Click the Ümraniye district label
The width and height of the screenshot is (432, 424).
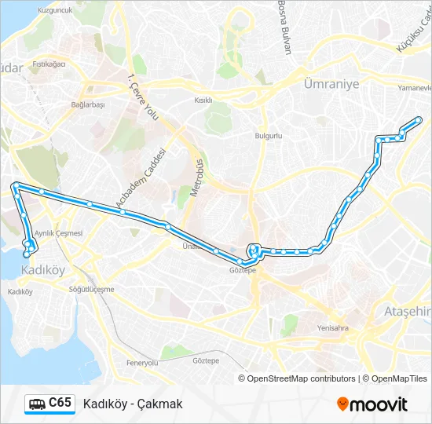point(331,84)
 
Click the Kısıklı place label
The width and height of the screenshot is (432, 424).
point(203,101)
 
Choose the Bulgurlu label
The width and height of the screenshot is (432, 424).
point(268,135)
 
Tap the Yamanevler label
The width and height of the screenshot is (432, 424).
point(415,88)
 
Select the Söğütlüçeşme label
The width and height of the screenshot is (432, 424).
point(92,289)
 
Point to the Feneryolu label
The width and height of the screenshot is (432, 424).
point(142,363)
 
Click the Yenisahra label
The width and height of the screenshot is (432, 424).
point(332,328)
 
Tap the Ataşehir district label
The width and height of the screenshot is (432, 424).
point(407,312)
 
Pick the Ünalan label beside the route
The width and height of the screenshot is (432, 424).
point(189,246)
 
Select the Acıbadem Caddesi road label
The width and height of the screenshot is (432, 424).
point(142,178)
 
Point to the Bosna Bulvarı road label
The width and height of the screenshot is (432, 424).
point(284,27)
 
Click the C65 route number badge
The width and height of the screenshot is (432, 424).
point(60,403)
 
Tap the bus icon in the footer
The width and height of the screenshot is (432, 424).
point(37,404)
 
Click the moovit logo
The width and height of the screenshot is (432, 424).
point(372,404)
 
